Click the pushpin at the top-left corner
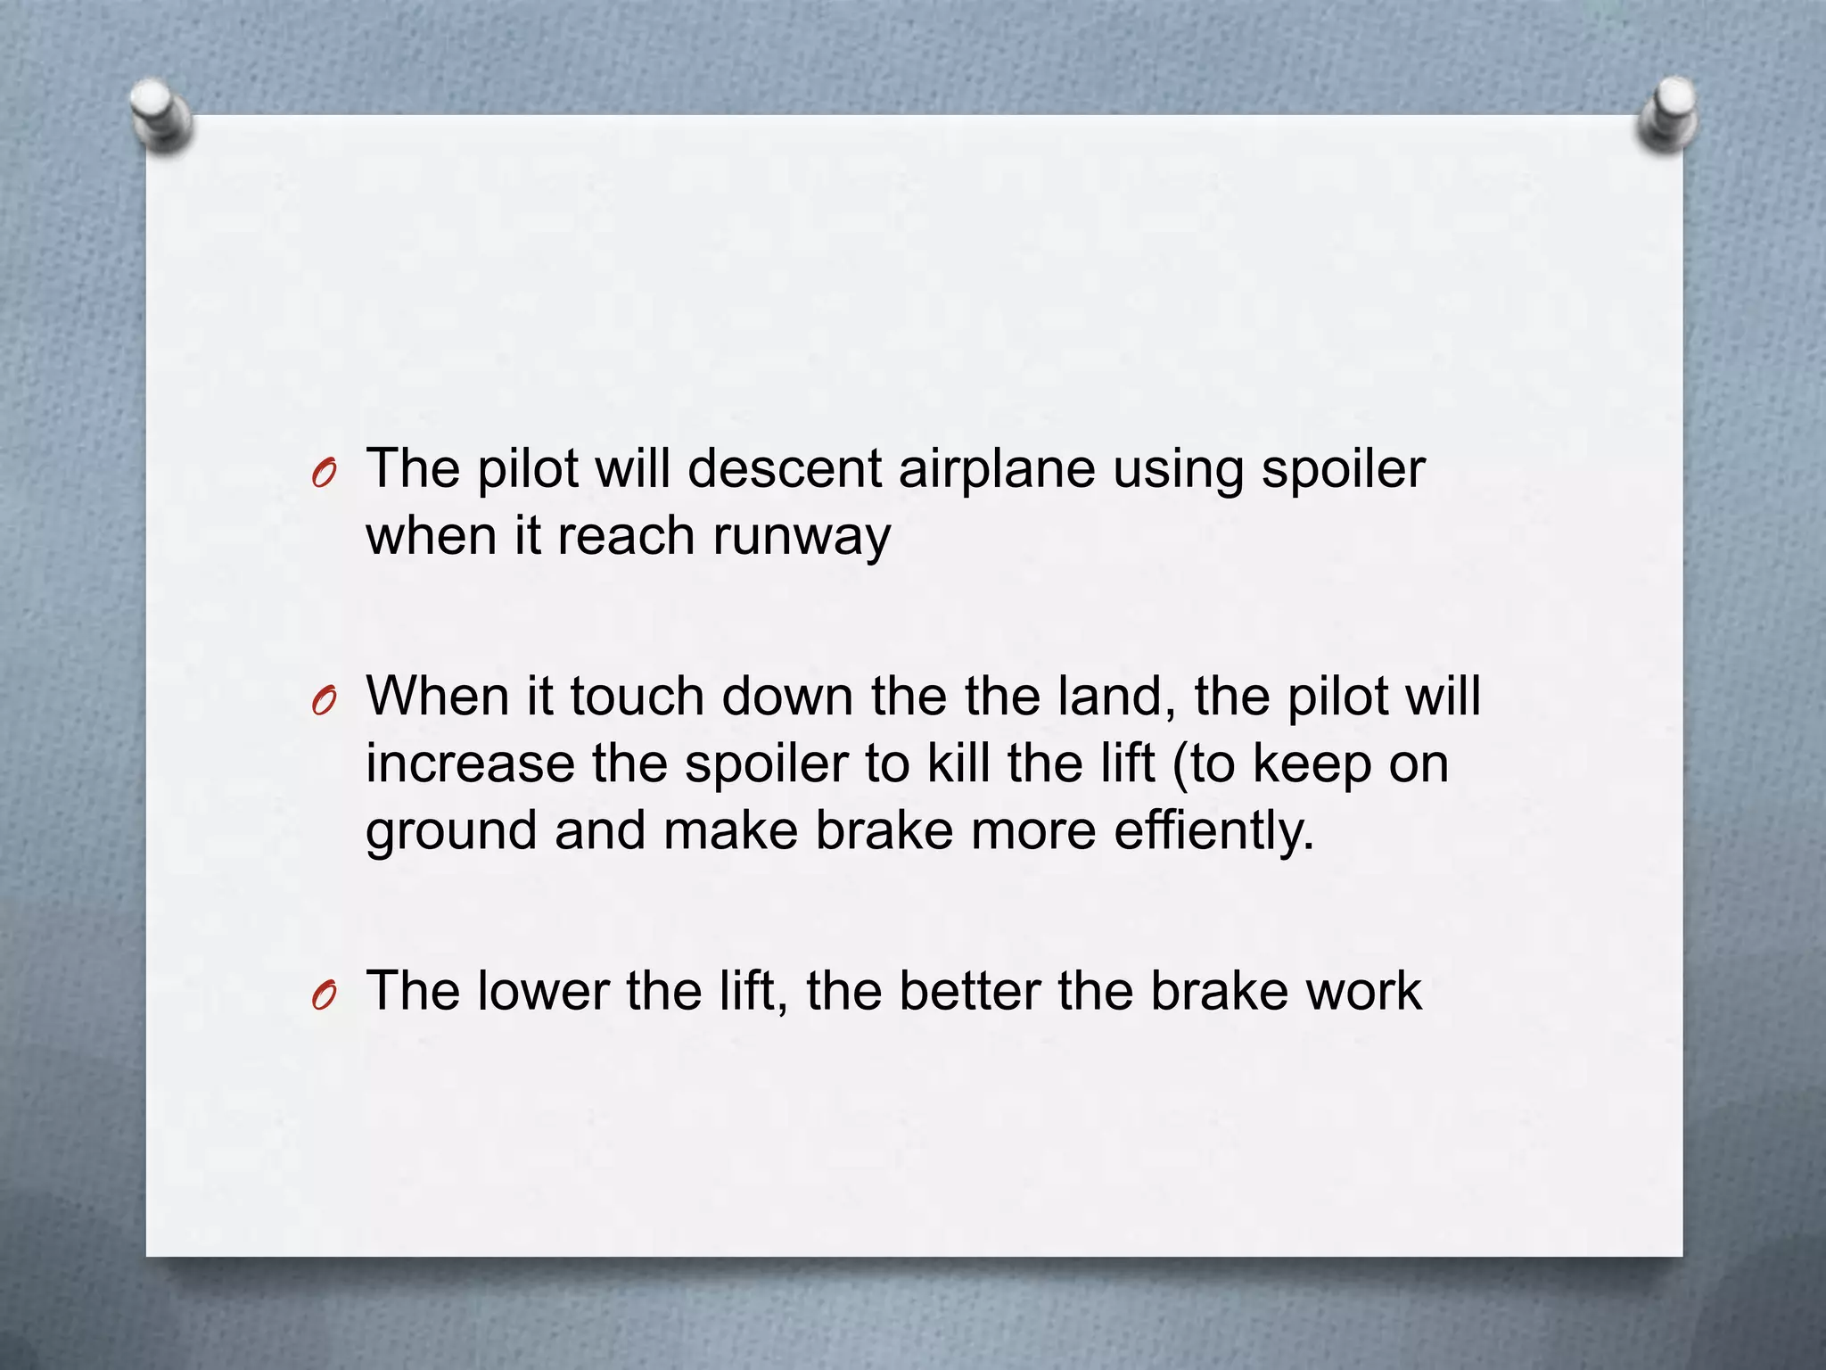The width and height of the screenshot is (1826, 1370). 160,113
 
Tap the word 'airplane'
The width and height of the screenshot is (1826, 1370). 996,470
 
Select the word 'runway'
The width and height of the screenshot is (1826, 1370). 801,538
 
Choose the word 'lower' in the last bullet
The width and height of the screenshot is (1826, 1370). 543,991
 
